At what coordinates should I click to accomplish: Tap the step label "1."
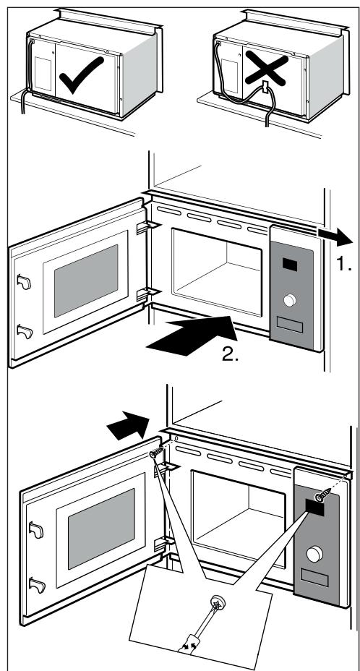click(343, 265)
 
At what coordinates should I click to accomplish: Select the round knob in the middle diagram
click(291, 300)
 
